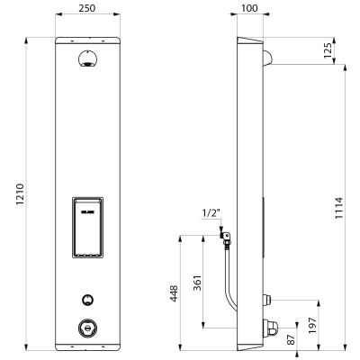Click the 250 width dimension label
tap(87, 8)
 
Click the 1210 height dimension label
tap(20, 194)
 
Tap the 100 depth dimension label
tap(249, 8)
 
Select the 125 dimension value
tap(328, 50)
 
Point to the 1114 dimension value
tap(338, 208)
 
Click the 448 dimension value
tap(174, 293)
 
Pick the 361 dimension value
tap(197, 283)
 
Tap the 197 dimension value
tap(312, 326)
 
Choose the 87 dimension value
tap(291, 339)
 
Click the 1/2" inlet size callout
tap(211, 213)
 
